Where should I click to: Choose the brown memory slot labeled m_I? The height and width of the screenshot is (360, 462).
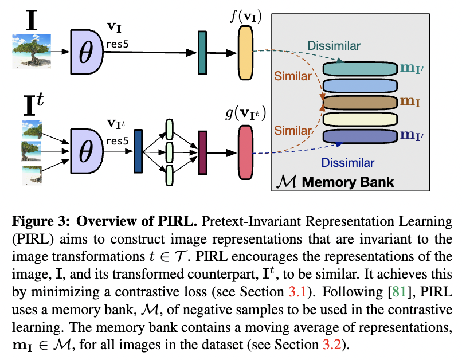pos(360,103)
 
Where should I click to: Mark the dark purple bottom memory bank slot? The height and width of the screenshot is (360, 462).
pos(360,136)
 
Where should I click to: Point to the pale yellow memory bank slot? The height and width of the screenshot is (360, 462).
pos(360,120)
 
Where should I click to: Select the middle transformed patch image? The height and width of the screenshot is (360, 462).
pos(32,150)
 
